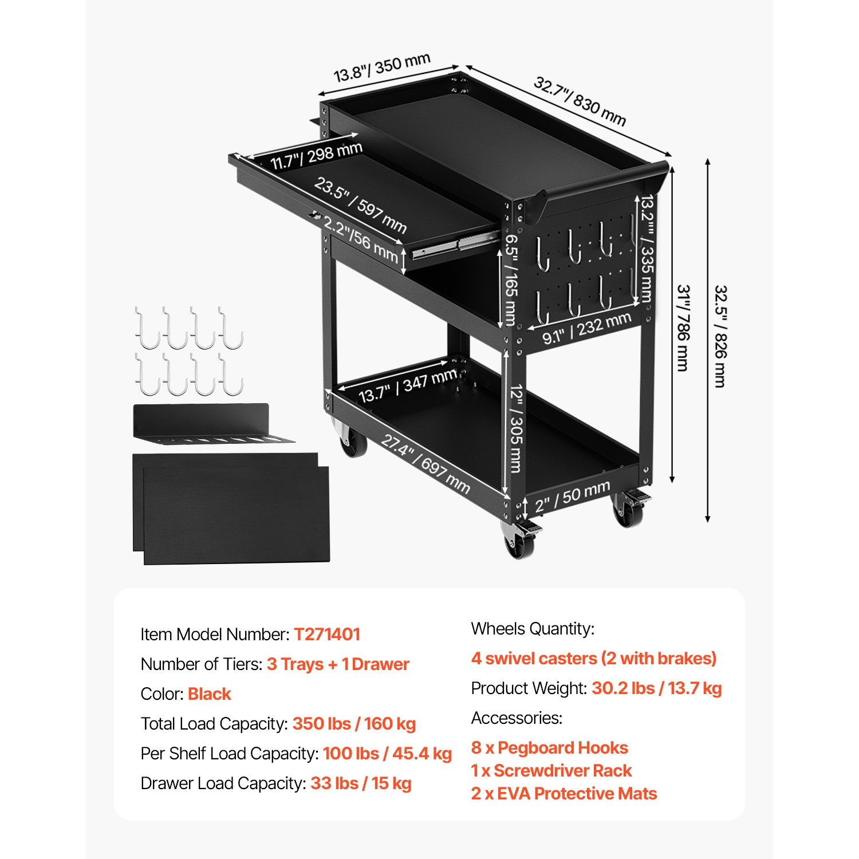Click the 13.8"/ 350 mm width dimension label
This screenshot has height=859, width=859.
(x=381, y=68)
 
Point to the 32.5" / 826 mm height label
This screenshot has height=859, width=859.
(x=720, y=336)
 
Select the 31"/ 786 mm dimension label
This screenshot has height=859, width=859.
(x=683, y=328)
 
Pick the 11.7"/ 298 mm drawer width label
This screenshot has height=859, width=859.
(x=316, y=156)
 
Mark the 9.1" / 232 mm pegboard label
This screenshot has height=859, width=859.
(x=586, y=328)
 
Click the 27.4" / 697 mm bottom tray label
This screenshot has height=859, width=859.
(x=425, y=464)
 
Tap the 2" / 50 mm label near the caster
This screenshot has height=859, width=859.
(x=572, y=496)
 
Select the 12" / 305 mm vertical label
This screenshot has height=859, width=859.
(x=516, y=428)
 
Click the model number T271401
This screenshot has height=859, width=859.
(x=327, y=634)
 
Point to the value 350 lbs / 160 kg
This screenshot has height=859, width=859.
(x=354, y=723)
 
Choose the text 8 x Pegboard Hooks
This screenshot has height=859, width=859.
(x=549, y=747)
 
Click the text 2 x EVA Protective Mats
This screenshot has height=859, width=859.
(x=564, y=793)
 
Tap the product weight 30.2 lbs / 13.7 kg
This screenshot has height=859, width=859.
(x=656, y=688)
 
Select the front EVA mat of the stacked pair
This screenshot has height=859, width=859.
(x=236, y=515)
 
